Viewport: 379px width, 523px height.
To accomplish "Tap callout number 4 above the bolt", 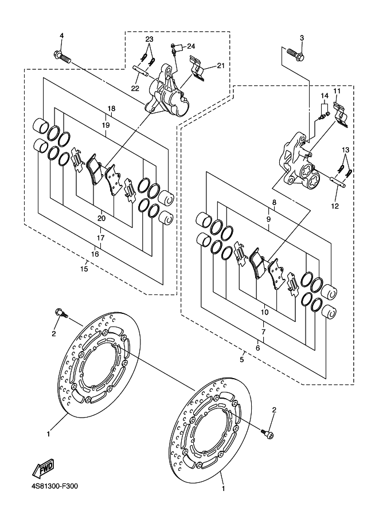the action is [61, 36].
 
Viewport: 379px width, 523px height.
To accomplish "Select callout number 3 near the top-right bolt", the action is [302, 38].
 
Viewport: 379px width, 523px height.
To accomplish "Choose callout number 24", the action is [191, 46].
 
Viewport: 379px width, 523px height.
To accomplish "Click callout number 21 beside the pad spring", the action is [221, 66].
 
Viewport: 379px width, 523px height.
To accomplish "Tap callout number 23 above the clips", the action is [149, 39].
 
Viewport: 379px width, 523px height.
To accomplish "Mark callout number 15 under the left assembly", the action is [84, 269].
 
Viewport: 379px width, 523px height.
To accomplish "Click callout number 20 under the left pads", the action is [101, 218].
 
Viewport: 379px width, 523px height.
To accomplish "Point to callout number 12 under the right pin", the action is [335, 206].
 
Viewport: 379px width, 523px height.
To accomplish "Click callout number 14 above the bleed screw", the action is [325, 96].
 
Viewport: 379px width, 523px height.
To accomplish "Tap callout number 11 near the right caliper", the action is [337, 91].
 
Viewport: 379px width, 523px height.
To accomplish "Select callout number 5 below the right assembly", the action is [242, 360].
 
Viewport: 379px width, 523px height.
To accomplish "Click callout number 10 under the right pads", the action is [264, 313].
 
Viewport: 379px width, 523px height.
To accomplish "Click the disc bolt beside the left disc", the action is [61, 313].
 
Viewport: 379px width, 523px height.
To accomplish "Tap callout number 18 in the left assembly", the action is [112, 108].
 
